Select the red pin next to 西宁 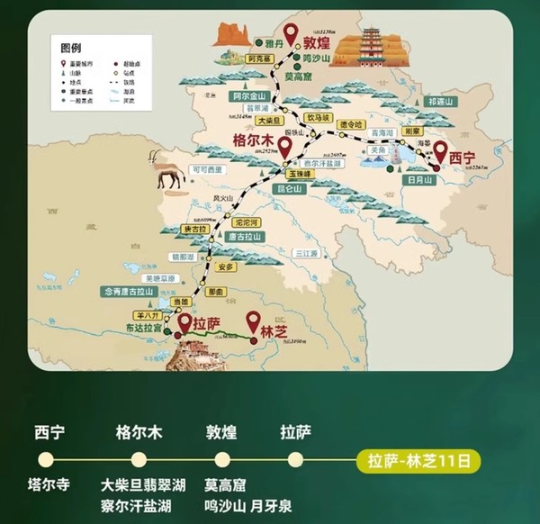tap(441, 150)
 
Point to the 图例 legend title tap(71, 46)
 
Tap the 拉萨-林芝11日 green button tap(418, 462)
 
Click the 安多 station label tap(226, 267)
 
